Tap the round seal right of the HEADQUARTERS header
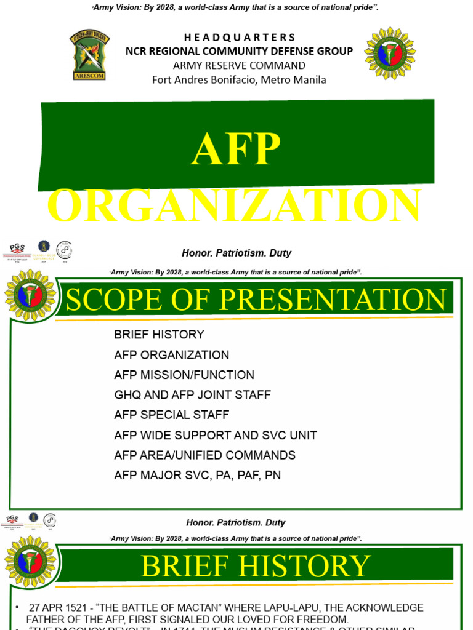[390, 53]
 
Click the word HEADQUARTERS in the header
[240, 38]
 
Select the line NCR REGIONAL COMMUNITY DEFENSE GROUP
[240, 51]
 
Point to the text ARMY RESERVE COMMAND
[240, 65]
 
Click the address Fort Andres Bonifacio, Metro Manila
[240, 79]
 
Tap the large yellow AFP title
[236, 149]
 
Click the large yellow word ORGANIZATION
[235, 207]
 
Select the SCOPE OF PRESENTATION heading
[255, 300]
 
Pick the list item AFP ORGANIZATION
[171, 355]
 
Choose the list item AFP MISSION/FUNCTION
[184, 375]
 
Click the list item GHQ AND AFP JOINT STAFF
[192, 395]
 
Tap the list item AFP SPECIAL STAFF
[171, 415]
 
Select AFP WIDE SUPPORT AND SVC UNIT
[216, 435]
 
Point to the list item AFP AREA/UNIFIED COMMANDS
[204, 455]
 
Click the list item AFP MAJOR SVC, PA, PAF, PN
[197, 476]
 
